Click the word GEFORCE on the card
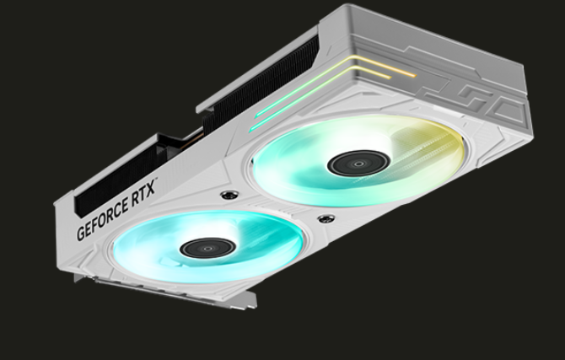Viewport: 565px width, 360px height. tap(103, 219)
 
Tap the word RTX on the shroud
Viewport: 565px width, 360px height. tap(143, 195)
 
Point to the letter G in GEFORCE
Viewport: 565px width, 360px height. tap(81, 233)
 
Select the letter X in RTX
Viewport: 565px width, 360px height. tap(151, 190)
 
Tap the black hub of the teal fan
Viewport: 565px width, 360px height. tap(208, 248)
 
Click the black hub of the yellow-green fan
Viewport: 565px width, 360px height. tap(358, 164)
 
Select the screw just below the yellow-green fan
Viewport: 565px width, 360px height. tap(326, 218)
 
